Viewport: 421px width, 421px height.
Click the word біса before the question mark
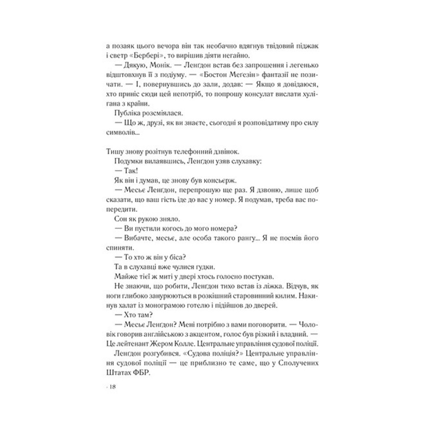(177, 255)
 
